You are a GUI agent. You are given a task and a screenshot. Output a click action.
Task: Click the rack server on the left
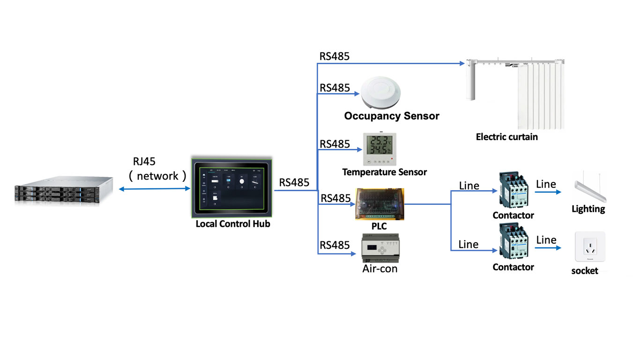64,190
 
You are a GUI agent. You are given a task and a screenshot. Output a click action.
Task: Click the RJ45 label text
144,162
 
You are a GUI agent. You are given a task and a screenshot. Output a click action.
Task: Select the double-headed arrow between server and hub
154,189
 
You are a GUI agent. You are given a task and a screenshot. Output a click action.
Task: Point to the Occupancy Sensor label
392,116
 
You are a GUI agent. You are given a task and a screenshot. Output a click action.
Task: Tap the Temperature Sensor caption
384,172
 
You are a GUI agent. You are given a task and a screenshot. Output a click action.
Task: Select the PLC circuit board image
380,204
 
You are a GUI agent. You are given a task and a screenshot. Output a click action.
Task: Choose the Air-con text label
380,269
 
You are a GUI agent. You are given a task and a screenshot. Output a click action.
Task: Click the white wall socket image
590,247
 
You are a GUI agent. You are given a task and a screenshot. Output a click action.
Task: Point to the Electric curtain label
506,137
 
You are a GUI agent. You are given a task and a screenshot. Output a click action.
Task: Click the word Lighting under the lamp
588,209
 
